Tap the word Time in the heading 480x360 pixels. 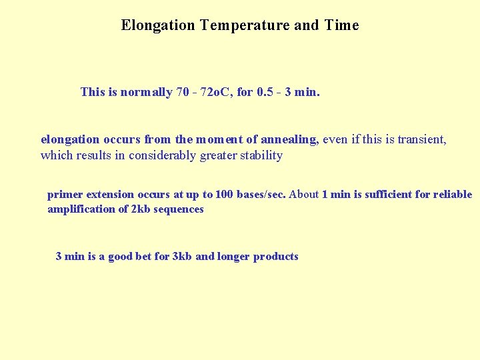pyautogui.click(x=341, y=26)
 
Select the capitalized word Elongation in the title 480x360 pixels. pyautogui.click(x=158, y=26)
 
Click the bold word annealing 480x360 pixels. pyautogui.click(x=289, y=140)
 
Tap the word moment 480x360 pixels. pyautogui.click(x=219, y=140)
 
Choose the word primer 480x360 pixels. pyautogui.click(x=65, y=195)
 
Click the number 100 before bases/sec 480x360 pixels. pyautogui.click(x=225, y=195)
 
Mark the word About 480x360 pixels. pyautogui.click(x=304, y=195)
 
